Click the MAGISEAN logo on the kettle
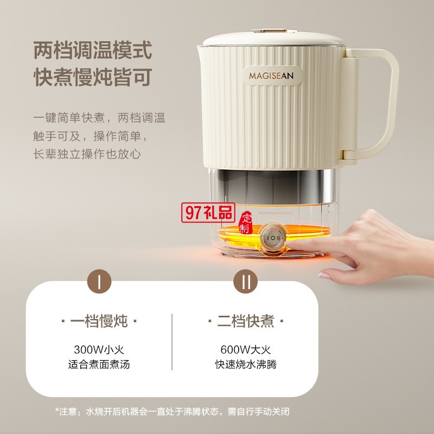pos(271,75)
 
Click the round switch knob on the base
pos(273,238)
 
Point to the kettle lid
pos(274,39)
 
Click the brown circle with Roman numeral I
pos(99,281)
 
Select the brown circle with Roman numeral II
pos(246,281)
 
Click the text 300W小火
pos(99,349)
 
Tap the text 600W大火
pos(246,349)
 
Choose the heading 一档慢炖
pos(99,321)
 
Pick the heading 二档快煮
pos(246,321)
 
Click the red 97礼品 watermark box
pos(208,212)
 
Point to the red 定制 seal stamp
pos(246,223)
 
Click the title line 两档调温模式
pos(93,50)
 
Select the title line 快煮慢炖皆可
pos(93,77)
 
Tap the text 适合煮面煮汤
pos(99,365)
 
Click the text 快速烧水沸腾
pos(246,365)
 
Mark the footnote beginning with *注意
pos(172,412)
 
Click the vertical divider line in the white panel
pos(172,342)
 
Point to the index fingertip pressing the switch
pos(289,244)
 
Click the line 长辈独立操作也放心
pos(87,154)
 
